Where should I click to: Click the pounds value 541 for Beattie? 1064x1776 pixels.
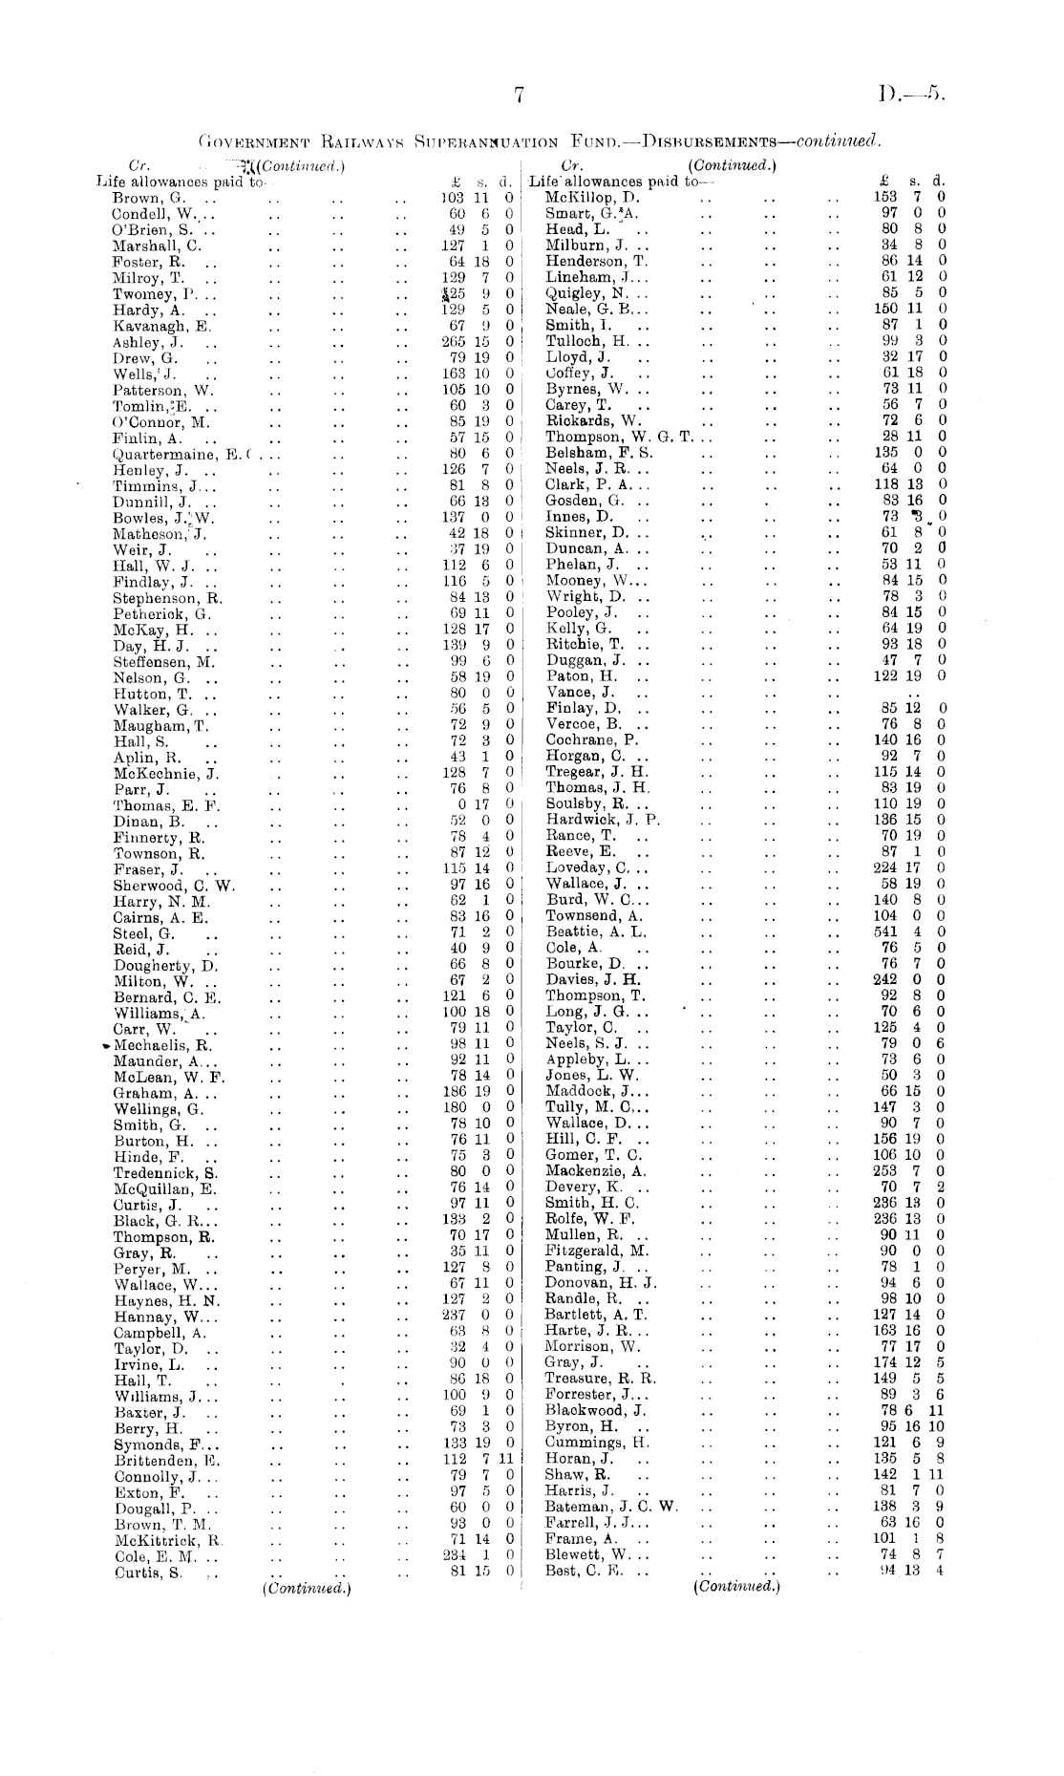click(887, 931)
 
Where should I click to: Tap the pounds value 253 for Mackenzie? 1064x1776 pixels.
click(887, 1171)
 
